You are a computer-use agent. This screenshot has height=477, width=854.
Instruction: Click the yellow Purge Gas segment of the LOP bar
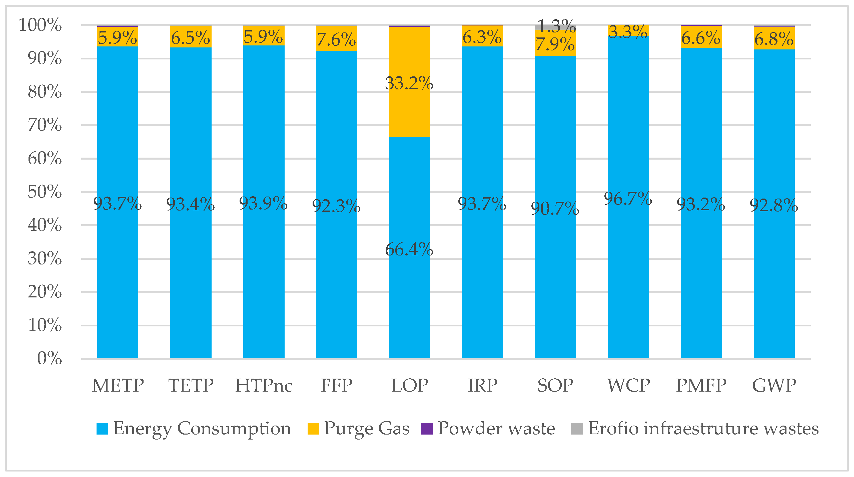point(409,109)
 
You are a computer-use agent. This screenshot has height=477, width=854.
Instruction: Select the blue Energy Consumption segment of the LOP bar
point(409,298)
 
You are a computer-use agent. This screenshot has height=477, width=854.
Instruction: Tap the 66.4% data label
point(409,249)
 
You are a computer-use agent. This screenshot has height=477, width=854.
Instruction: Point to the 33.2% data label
point(409,83)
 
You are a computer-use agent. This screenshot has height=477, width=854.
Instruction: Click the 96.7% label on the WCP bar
point(628,199)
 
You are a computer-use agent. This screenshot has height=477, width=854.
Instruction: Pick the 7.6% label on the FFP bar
point(336,40)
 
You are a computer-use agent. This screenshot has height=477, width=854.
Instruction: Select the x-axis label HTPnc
point(264,385)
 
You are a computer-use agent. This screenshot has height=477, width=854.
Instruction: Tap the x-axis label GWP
point(774,385)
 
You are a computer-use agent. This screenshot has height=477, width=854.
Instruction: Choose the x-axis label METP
point(118,385)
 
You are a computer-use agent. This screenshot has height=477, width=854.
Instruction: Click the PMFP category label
point(701,385)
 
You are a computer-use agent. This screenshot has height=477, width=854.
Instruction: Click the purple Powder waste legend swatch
point(427,429)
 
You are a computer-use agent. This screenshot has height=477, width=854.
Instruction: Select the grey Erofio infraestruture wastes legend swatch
point(577,429)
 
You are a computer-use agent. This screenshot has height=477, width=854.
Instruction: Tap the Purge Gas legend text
point(367,429)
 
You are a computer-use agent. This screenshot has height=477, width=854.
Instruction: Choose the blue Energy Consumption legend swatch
point(102,429)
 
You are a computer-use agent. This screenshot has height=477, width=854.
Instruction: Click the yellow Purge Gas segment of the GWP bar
point(774,38)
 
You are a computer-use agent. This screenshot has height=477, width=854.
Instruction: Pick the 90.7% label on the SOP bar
point(555,209)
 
